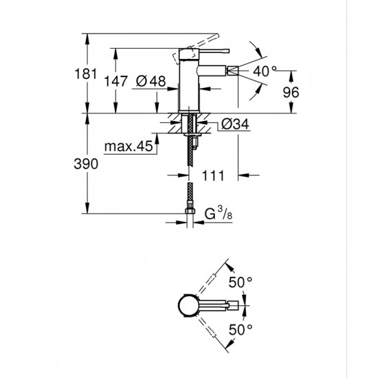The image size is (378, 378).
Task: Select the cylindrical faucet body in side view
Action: click(189, 86)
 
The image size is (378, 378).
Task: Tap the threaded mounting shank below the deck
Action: click(189, 127)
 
